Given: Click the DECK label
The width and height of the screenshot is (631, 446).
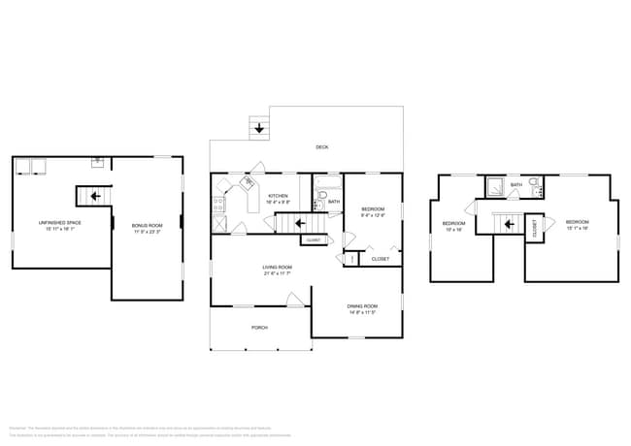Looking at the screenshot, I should pyautogui.click(x=321, y=147).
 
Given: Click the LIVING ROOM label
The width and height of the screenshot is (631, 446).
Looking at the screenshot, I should pyautogui.click(x=277, y=267).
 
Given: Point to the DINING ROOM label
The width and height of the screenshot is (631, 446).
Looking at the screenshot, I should pyautogui.click(x=361, y=306).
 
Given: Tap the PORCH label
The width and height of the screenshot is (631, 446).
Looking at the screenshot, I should pyautogui.click(x=259, y=328).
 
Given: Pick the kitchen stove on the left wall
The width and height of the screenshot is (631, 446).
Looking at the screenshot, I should pyautogui.click(x=217, y=205).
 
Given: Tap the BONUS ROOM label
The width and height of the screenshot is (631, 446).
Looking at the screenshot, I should pyautogui.click(x=147, y=226).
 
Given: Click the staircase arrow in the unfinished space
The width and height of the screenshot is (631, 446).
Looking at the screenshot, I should pyautogui.click(x=94, y=197).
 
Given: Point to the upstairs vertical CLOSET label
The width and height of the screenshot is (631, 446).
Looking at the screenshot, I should pyautogui.click(x=535, y=228).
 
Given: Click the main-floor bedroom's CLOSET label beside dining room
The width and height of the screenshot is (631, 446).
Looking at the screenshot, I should pyautogui.click(x=381, y=259).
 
